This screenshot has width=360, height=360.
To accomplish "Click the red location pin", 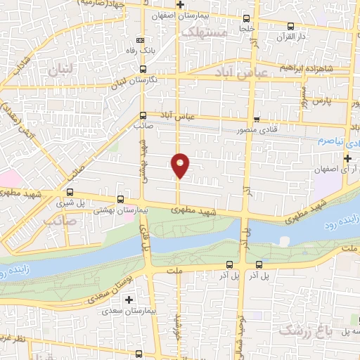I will tap(181, 165).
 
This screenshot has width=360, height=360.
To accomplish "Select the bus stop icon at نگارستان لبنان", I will tap(143, 69).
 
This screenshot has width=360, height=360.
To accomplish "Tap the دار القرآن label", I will tap(290, 35).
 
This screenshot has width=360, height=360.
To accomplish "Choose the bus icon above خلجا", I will tap(245, 19).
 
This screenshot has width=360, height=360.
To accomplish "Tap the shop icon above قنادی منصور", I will tap(257, 119).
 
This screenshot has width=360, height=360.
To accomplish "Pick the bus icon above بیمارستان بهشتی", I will tap(120, 199).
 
